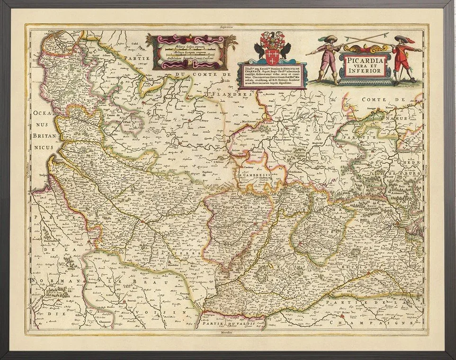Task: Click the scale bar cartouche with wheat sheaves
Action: (x=189, y=52)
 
